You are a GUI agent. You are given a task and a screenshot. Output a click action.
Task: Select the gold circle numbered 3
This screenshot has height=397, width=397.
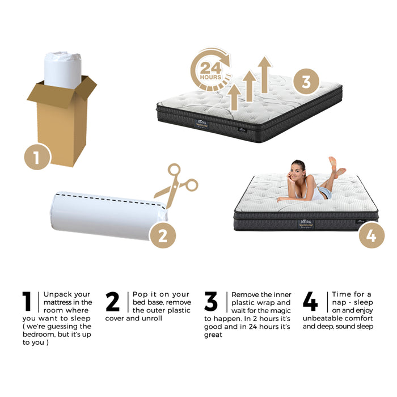306,83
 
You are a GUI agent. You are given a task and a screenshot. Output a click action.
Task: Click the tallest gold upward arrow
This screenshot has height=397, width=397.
264,74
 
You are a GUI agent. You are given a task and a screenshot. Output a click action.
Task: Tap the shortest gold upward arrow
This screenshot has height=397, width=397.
234,96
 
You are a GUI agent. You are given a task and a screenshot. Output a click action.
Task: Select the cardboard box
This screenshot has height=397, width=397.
61,125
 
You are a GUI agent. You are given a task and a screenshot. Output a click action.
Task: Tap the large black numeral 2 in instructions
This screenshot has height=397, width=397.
113,302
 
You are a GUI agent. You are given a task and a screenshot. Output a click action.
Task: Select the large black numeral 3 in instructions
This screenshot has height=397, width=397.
210,302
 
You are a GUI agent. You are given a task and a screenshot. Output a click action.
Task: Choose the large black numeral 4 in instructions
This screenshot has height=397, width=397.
310,302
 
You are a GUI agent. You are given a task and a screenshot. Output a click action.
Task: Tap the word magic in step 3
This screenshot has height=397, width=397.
280,311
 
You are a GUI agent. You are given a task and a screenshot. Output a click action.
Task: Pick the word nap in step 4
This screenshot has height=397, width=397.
341,302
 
